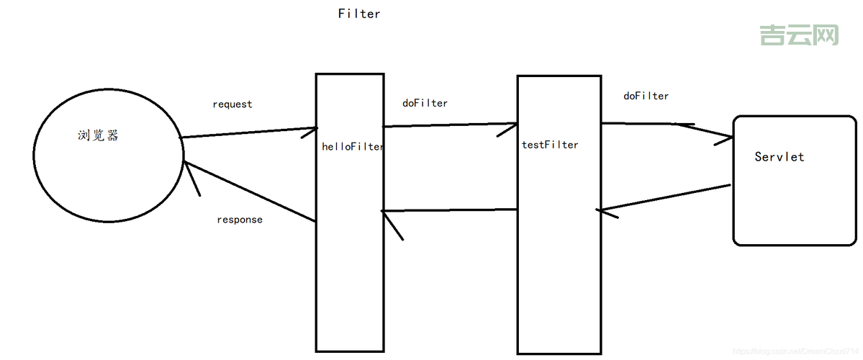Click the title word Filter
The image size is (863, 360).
click(x=359, y=14)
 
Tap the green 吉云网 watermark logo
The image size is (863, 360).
click(x=799, y=35)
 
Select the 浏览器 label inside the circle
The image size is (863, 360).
click(x=98, y=135)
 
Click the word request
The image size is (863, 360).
click(x=232, y=104)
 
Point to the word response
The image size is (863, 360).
click(x=240, y=220)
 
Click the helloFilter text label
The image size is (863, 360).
click(x=352, y=147)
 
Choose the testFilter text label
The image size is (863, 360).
click(x=550, y=145)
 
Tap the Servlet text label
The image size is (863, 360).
click(x=780, y=156)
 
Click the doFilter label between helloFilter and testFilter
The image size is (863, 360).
click(x=425, y=103)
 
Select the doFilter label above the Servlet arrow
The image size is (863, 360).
click(x=646, y=96)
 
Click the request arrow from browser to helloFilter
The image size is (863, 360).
click(x=248, y=133)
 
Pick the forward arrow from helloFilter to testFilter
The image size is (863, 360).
click(x=450, y=125)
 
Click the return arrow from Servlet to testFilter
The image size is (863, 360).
click(x=666, y=198)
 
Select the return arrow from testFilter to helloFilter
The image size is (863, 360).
click(x=450, y=210)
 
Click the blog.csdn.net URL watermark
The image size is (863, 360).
click(x=792, y=350)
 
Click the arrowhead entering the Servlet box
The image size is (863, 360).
click(x=723, y=139)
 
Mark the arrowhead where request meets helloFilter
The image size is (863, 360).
click(x=308, y=130)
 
